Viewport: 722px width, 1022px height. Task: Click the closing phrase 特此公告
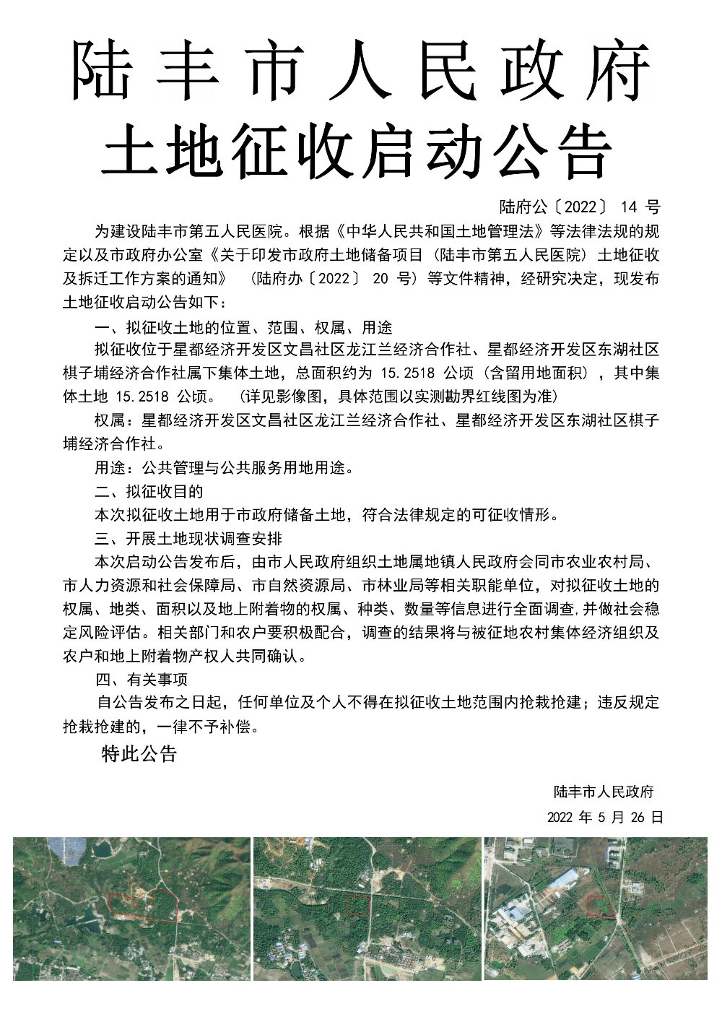point(139,755)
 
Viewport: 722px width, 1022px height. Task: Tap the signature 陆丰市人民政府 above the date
point(604,792)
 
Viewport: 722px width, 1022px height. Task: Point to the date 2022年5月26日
point(605,818)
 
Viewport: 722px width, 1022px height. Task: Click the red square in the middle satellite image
point(358,905)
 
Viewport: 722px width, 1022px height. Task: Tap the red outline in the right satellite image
point(600,906)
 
